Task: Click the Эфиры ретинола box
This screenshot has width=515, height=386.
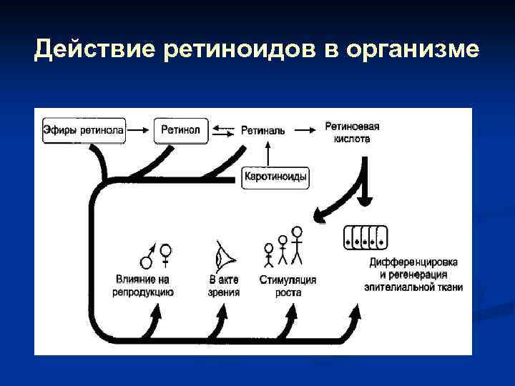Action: [x=84, y=130]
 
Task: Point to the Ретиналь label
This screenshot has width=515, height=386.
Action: [x=263, y=131]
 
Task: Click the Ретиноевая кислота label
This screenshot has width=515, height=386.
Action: [x=351, y=132]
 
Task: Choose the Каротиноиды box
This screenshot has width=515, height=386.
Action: [x=275, y=176]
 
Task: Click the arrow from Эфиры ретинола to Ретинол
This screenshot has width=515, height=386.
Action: [x=139, y=130]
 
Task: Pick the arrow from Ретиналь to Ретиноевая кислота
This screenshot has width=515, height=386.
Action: [x=304, y=130]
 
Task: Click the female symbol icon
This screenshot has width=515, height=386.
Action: [x=166, y=256]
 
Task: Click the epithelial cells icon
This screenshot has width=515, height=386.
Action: [x=366, y=237]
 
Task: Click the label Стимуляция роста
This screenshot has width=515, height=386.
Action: [x=288, y=286]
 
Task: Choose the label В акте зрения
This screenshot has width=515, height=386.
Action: [x=224, y=286]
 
